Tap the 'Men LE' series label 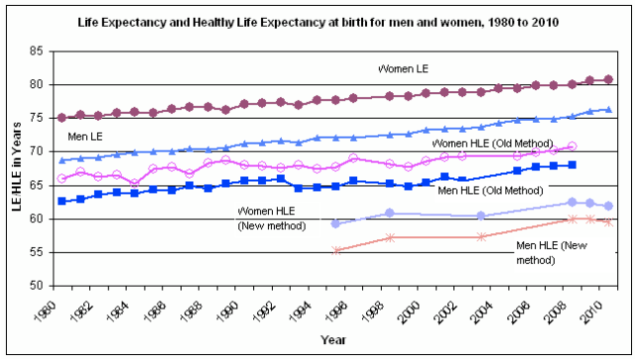[85, 134]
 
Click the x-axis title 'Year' [332, 340]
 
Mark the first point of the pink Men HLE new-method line [336, 250]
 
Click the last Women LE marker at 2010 [608, 79]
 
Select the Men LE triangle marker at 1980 [63, 160]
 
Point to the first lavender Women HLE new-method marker [336, 223]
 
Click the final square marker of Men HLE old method [572, 165]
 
